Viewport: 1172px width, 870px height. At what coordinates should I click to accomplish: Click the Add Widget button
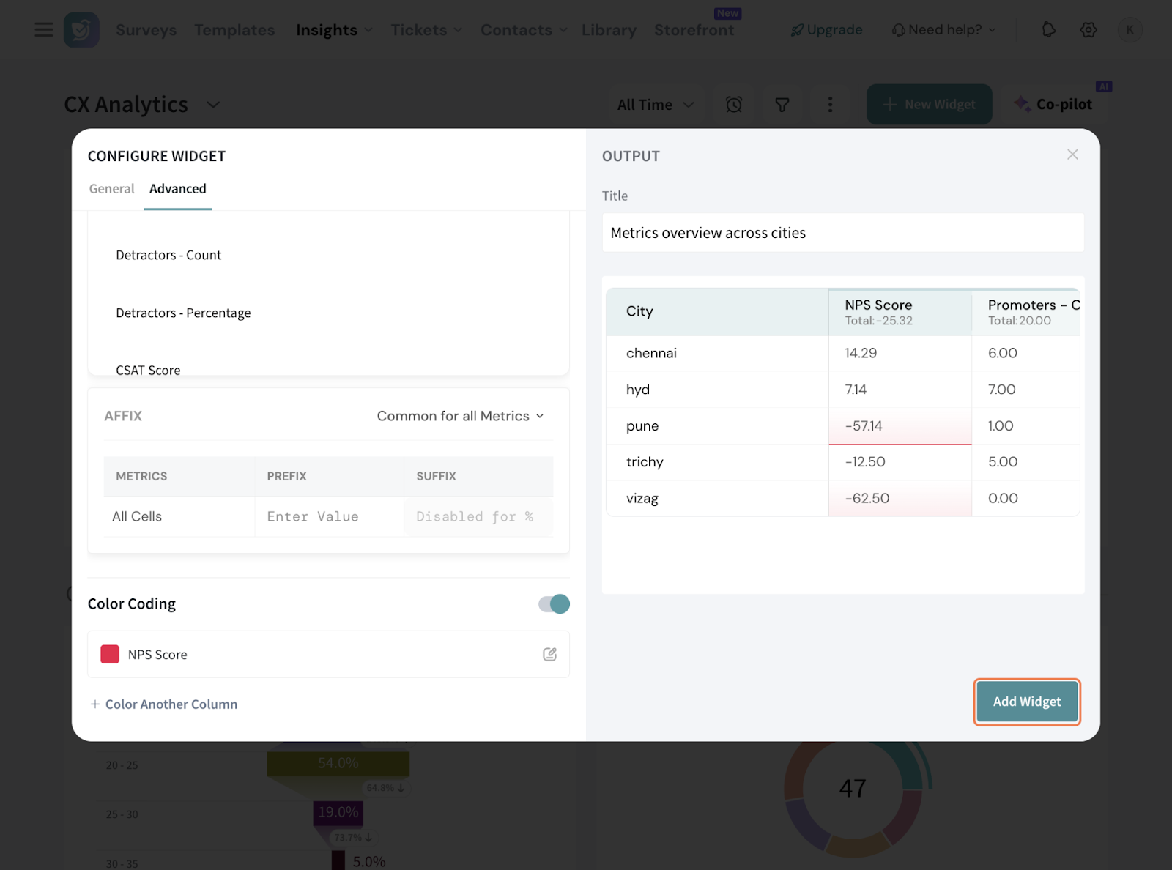[x=1026, y=702]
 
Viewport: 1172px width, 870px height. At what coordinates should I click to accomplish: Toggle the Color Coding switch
[x=554, y=603]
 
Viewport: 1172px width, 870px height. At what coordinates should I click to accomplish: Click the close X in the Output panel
[x=1072, y=155]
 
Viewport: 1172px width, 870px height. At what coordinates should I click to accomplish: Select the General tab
[x=112, y=189]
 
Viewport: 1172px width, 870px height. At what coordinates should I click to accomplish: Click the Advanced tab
[x=178, y=189]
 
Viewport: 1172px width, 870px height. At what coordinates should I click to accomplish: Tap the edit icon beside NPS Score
[x=549, y=655]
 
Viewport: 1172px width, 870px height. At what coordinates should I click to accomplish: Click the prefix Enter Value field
[x=328, y=517]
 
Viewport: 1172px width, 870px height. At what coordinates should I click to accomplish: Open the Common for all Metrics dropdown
[x=460, y=416]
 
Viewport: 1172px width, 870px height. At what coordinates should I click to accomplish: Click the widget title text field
[x=842, y=233]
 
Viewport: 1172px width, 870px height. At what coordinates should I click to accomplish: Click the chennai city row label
[x=651, y=353]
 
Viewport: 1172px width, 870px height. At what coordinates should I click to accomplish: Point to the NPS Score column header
[x=878, y=305]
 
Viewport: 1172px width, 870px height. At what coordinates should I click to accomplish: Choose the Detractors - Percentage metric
[x=183, y=313]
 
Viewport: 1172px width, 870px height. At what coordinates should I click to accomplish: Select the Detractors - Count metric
[x=168, y=256]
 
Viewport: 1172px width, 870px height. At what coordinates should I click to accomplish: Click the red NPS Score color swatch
[x=110, y=655]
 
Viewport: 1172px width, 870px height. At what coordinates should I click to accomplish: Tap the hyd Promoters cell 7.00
[x=1001, y=390]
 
